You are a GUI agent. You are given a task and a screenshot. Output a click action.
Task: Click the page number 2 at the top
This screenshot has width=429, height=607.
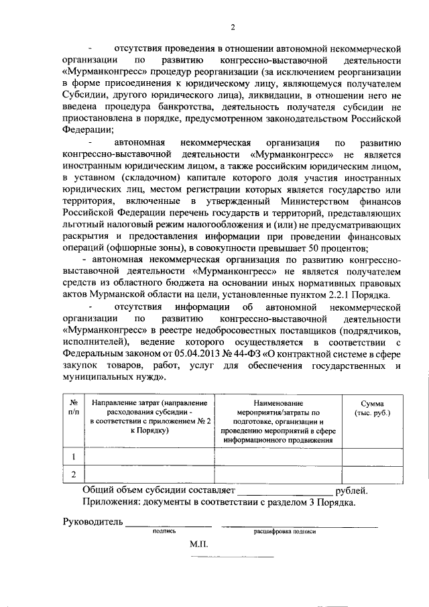point(233,27)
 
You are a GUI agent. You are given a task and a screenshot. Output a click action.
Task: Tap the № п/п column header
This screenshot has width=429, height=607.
point(74,407)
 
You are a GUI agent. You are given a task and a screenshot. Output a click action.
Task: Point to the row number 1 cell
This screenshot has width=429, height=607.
point(74,457)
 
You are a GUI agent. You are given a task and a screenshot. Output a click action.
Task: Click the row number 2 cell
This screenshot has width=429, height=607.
point(74,474)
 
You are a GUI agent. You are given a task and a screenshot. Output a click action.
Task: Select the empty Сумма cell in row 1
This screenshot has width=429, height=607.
point(372,457)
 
